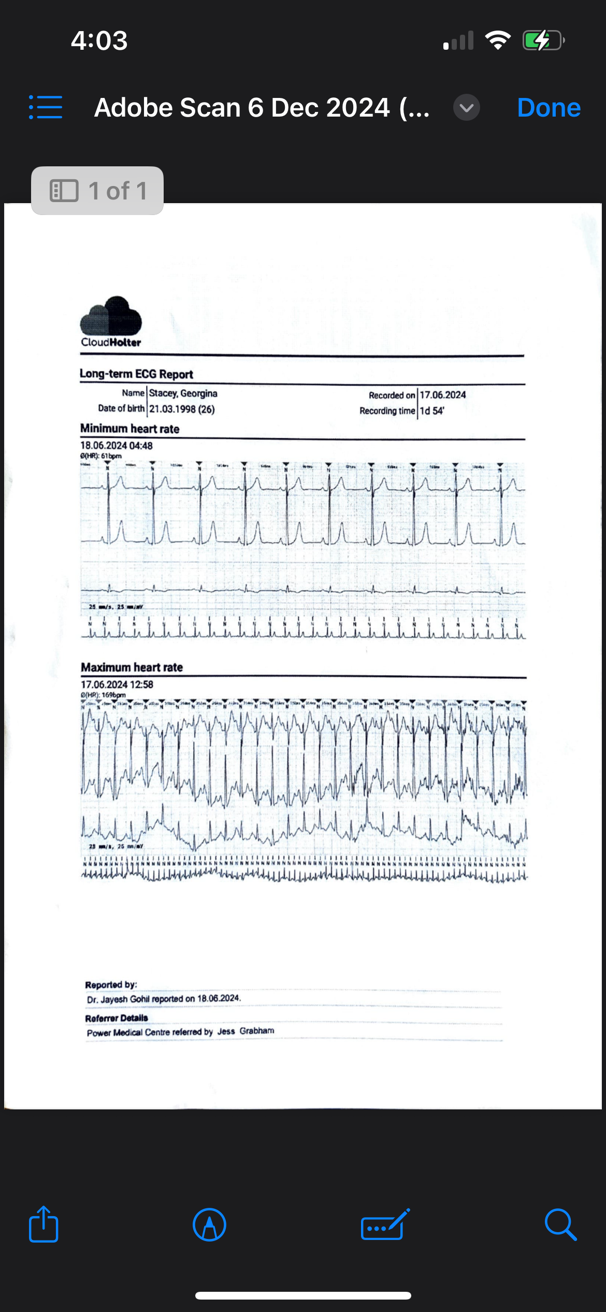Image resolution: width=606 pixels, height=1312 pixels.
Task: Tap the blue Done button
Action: [x=549, y=108]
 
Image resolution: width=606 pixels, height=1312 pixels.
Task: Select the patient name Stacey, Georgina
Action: [x=183, y=393]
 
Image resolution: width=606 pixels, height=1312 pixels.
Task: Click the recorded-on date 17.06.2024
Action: [x=443, y=395]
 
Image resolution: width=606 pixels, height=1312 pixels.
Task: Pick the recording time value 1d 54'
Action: [x=432, y=411]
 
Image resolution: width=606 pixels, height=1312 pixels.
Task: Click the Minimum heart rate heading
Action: [x=130, y=429]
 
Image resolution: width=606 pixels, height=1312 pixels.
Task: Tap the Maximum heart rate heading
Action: [x=132, y=667]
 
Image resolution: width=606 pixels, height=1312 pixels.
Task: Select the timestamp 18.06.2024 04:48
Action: [x=117, y=446]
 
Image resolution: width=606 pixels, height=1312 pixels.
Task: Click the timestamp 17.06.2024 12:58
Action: [x=117, y=684]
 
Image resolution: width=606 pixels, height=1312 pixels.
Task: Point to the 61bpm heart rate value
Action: [x=111, y=456]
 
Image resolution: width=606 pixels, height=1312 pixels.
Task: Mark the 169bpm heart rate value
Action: [x=113, y=695]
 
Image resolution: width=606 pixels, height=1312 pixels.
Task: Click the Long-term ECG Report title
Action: [x=136, y=374]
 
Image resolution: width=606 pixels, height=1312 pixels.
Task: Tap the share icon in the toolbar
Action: [x=44, y=1225]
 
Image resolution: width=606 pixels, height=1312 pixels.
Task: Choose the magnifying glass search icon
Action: [x=560, y=1225]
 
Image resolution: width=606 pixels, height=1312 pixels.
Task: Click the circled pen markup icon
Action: [x=209, y=1225]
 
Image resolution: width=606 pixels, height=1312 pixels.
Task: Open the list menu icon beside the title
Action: [x=46, y=107]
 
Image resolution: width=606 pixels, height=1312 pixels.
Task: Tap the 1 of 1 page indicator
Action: [x=97, y=191]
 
